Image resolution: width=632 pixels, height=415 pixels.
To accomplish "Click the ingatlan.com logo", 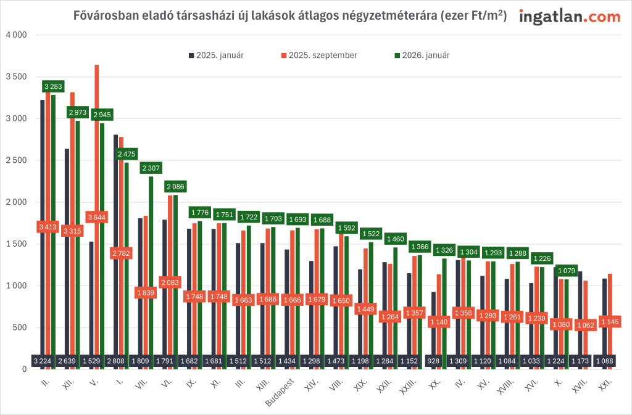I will pyautogui.click(x=569, y=17).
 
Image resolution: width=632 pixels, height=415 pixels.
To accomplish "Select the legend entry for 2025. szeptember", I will pyautogui.click(x=318, y=55).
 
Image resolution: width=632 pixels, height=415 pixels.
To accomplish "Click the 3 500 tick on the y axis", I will pyautogui.click(x=17, y=77).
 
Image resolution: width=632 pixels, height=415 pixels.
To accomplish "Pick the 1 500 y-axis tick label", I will pyautogui.click(x=17, y=244).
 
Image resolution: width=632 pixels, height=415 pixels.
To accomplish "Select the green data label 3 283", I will pyautogui.click(x=54, y=87).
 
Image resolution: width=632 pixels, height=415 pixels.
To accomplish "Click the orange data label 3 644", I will pyautogui.click(x=96, y=217).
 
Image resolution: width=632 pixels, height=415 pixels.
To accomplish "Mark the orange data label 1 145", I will pyautogui.click(x=610, y=322).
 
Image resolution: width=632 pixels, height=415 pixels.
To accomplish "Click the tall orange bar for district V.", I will pyautogui.click(x=96, y=154).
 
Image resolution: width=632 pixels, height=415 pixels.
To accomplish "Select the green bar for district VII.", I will pyautogui.click(x=151, y=271).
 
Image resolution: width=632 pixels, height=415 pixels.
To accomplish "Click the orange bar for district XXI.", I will pyautogui.click(x=610, y=296).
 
